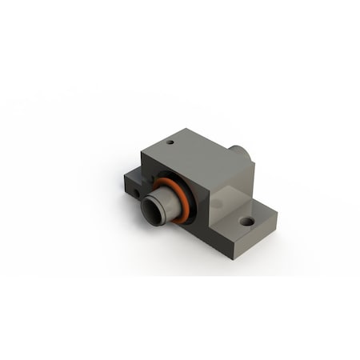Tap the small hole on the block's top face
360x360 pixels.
tap(170, 144)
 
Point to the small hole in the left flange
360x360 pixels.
tap(138, 193)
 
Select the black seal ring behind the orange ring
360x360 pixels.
tap(165, 182)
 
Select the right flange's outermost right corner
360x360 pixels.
tap(277, 212)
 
